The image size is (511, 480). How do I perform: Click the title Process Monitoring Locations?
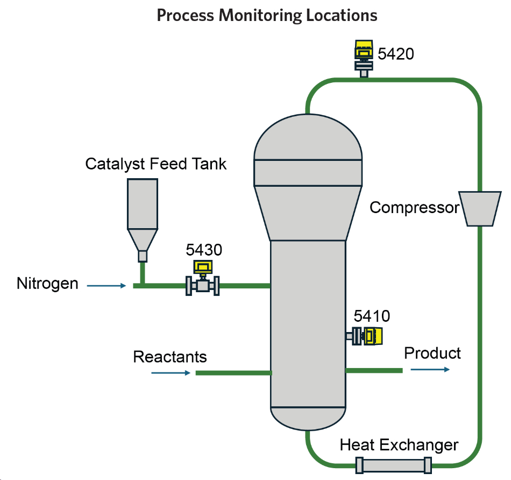[267, 15]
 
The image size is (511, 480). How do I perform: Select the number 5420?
[396, 53]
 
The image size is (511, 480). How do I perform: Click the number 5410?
[372, 315]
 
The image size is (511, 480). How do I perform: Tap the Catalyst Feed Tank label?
[156, 164]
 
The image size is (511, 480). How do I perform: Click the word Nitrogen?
[47, 283]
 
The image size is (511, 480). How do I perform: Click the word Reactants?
[170, 357]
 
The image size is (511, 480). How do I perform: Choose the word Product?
[432, 353]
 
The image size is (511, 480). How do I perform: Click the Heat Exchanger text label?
[399, 445]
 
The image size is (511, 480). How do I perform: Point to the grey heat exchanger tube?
[394, 465]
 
